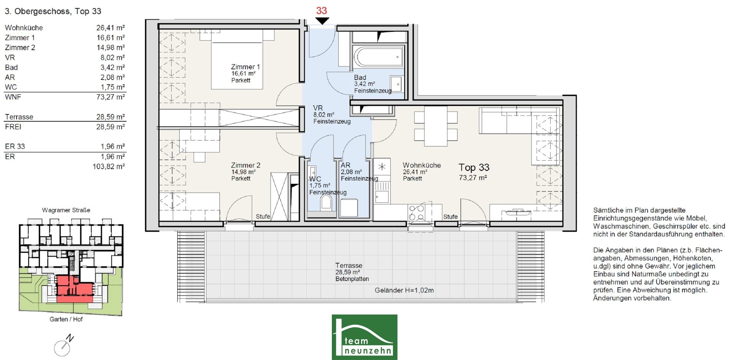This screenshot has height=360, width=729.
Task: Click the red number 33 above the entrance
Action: [x=322, y=11]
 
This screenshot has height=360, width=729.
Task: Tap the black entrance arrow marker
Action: [x=322, y=21]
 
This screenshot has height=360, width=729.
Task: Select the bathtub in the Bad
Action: [x=379, y=57]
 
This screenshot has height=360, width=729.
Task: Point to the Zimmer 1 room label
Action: [x=245, y=67]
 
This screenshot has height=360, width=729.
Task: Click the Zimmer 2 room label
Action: [x=246, y=165]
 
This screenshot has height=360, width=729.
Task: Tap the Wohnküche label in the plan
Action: [x=422, y=165]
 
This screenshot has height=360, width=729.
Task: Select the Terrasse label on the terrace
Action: [x=349, y=265]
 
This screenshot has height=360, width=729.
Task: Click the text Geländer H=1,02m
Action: [x=404, y=290]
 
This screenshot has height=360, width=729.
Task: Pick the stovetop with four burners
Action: [x=417, y=213]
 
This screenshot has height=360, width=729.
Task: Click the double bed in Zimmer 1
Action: [x=237, y=60]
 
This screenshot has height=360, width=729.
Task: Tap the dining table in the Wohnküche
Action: [x=436, y=126]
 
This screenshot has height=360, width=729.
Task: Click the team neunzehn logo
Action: [x=364, y=337]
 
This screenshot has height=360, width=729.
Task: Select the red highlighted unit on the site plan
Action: [x=74, y=289]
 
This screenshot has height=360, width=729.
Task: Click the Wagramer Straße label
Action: [x=66, y=210]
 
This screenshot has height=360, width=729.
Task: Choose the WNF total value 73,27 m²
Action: [x=110, y=97]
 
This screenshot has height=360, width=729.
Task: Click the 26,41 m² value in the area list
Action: [x=110, y=28]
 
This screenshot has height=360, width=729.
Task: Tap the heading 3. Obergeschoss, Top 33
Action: [x=53, y=11]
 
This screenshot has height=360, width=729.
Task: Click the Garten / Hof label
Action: [x=66, y=319]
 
